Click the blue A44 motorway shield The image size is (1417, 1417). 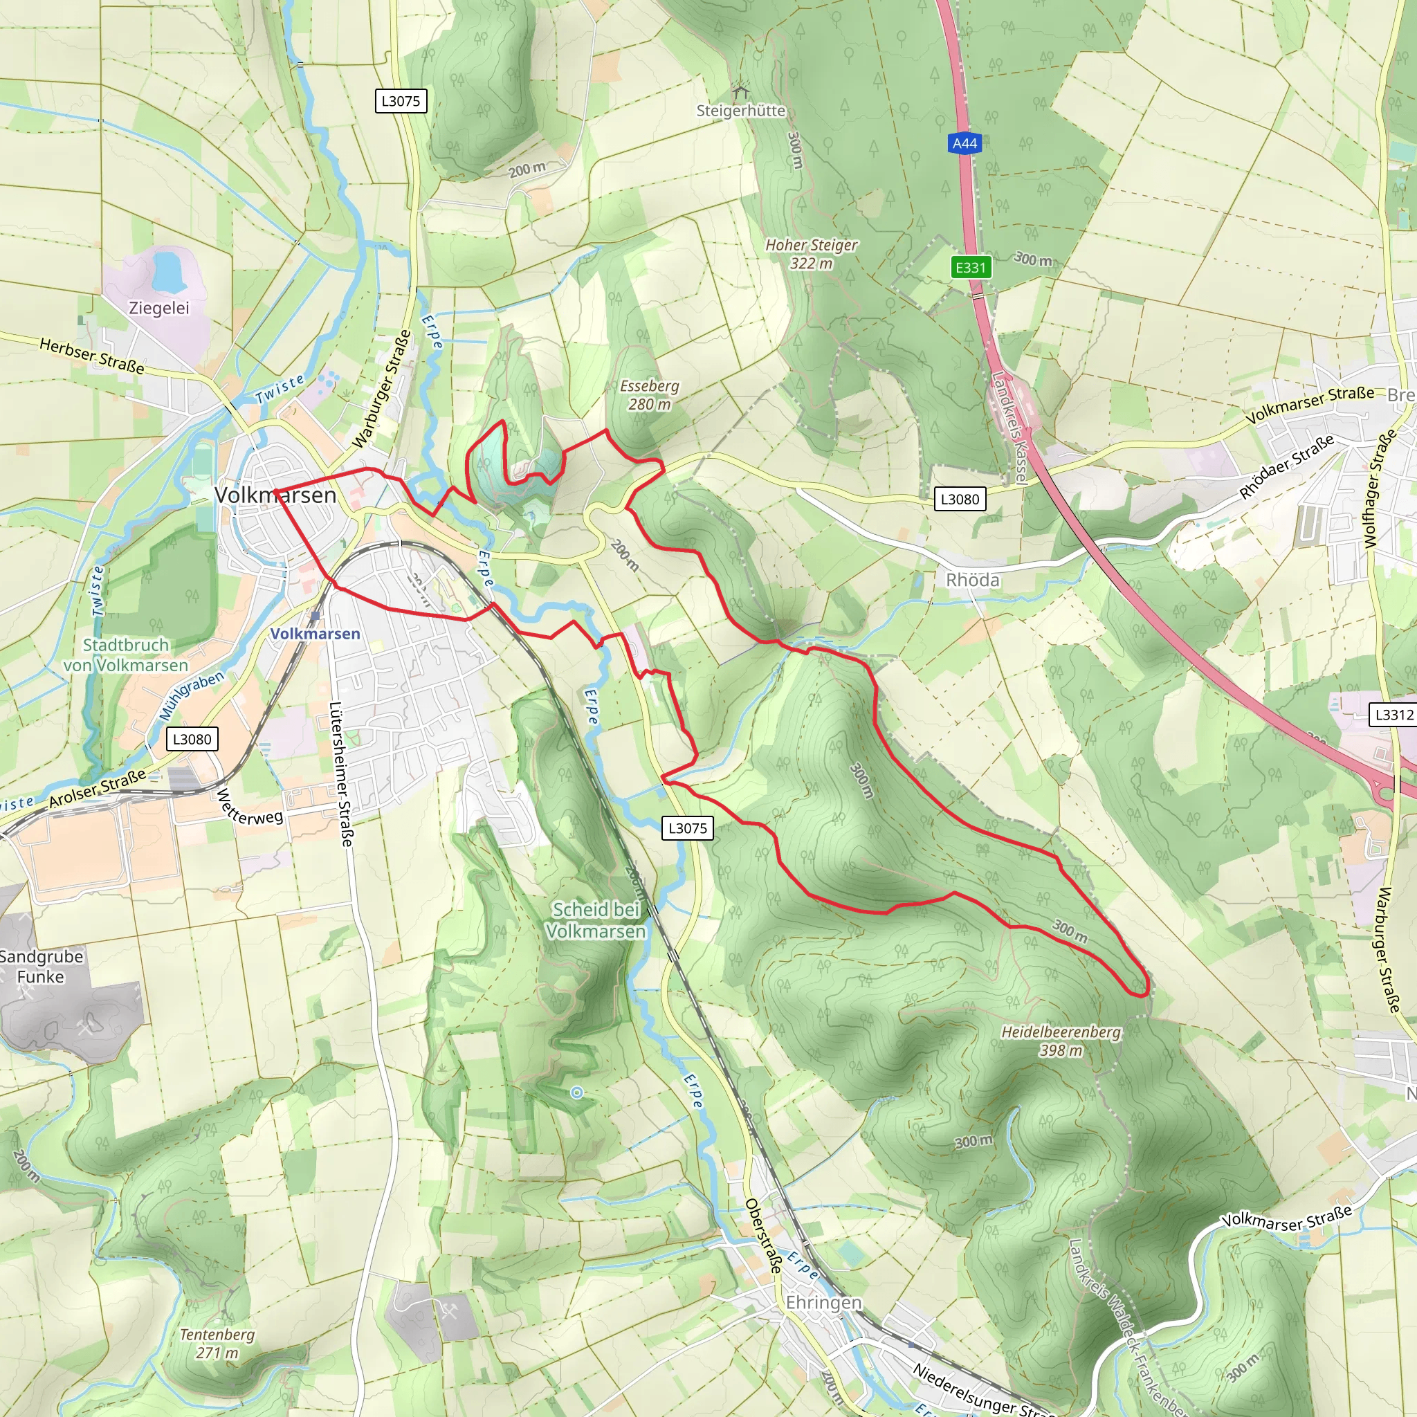pyautogui.click(x=965, y=144)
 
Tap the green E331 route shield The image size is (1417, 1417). pyautogui.click(x=970, y=267)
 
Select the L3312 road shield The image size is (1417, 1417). pyautogui.click(x=1393, y=714)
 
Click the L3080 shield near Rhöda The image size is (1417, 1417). pyautogui.click(x=960, y=500)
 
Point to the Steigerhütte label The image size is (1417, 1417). pyautogui.click(x=741, y=111)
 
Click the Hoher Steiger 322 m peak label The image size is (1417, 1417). pyautogui.click(x=811, y=254)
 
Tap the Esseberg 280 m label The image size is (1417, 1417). pyautogui.click(x=649, y=394)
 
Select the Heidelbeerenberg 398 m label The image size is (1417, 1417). pyautogui.click(x=1061, y=1041)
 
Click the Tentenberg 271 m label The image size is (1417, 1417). pyautogui.click(x=217, y=1344)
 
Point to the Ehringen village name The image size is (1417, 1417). pyautogui.click(x=823, y=1303)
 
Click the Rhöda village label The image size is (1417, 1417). pyautogui.click(x=973, y=580)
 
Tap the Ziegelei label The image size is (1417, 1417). pyautogui.click(x=159, y=308)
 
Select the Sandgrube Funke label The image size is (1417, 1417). pyautogui.click(x=41, y=967)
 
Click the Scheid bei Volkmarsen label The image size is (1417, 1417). pyautogui.click(x=596, y=920)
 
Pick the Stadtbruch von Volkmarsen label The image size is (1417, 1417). pyautogui.click(x=126, y=655)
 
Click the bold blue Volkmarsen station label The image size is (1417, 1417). pyautogui.click(x=316, y=634)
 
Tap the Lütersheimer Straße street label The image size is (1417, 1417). pyautogui.click(x=342, y=774)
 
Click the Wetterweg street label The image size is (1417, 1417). pyautogui.click(x=250, y=807)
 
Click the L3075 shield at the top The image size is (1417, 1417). pyautogui.click(x=401, y=101)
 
